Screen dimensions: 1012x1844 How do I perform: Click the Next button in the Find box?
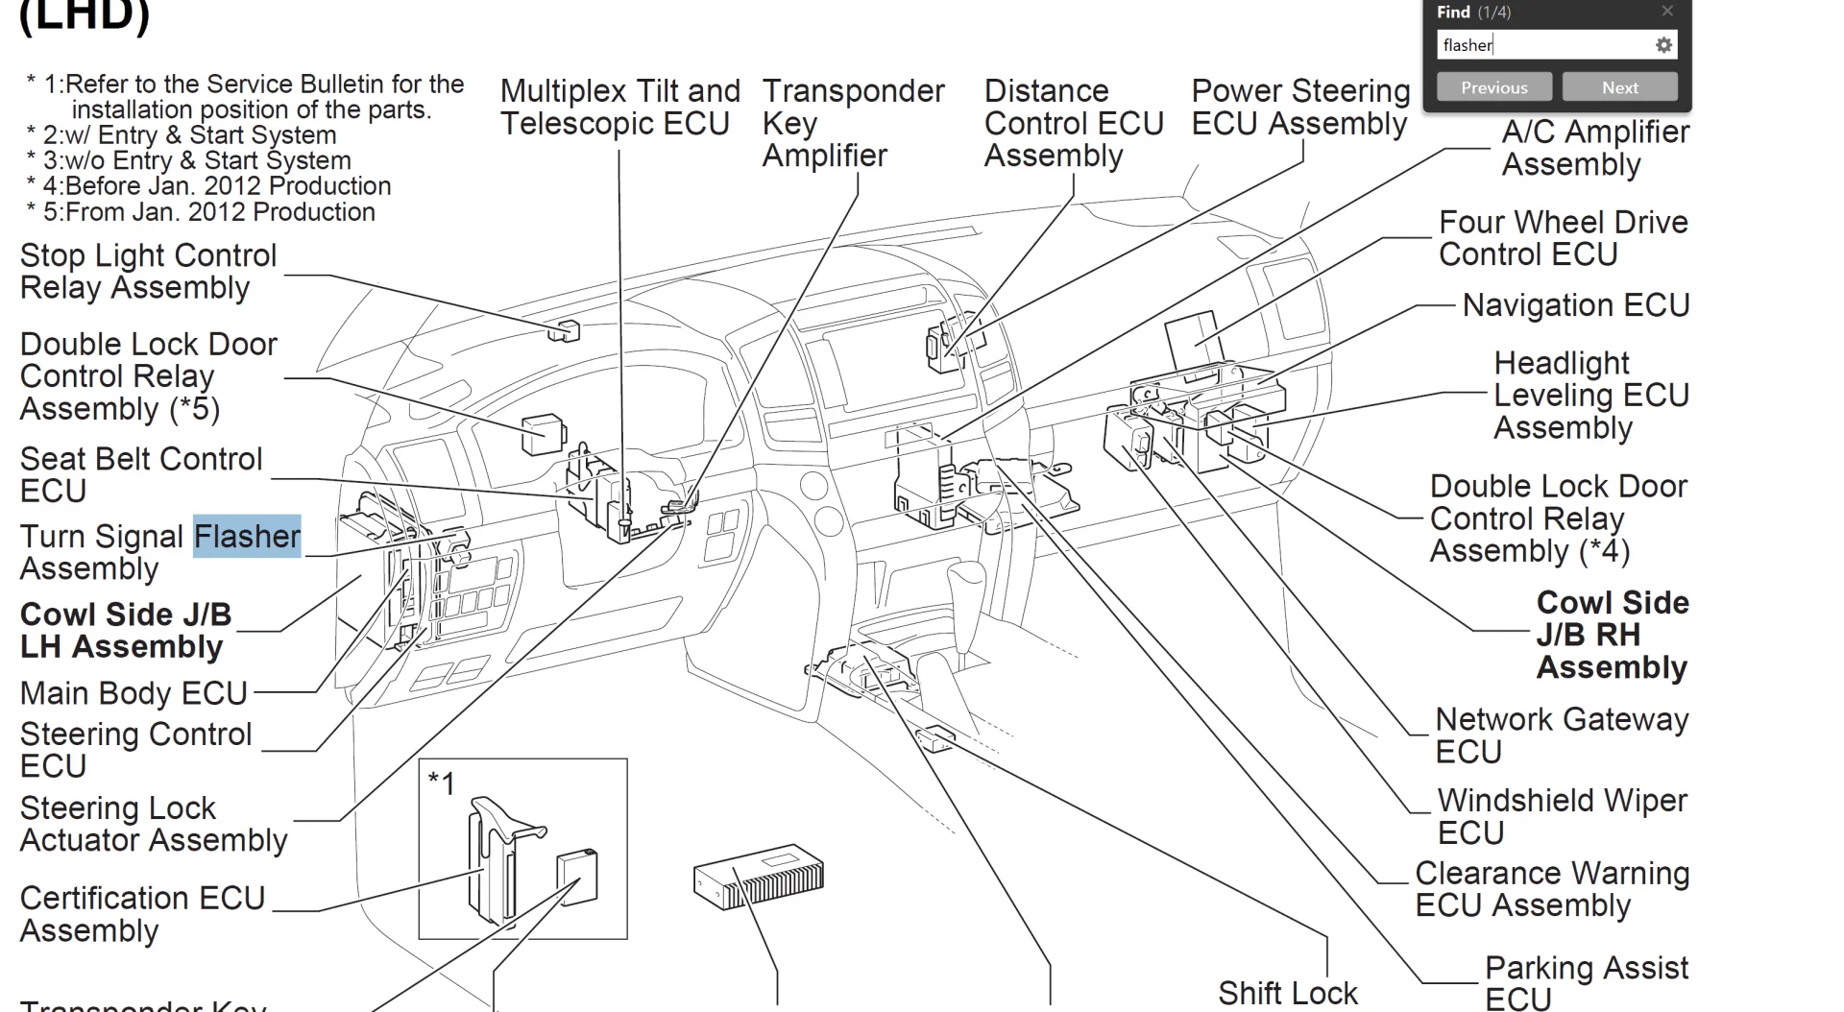[1619, 87]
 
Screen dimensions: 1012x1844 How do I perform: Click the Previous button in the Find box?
[1493, 87]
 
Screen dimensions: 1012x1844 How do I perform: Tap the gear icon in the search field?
[1663, 45]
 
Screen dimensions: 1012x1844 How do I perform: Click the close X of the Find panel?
[1667, 12]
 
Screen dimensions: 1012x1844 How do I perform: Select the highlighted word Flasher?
[247, 536]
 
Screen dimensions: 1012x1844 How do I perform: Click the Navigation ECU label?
[1575, 305]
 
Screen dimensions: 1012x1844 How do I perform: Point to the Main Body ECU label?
[133, 693]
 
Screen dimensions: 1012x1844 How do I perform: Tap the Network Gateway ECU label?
[1561, 735]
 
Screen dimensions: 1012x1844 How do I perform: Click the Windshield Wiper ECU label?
[1561, 816]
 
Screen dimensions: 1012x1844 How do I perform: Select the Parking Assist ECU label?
[1585, 982]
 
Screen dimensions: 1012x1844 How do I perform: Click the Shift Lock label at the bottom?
[1287, 993]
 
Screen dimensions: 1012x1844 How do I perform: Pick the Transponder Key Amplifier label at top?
[853, 123]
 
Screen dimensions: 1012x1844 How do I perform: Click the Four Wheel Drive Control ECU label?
[1563, 238]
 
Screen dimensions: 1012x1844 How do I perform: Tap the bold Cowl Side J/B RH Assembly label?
[1611, 635]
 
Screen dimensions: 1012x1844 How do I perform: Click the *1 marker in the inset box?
[441, 783]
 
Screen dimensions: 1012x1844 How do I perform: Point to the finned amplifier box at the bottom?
[759, 878]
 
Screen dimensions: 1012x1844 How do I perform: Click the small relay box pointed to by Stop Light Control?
[565, 330]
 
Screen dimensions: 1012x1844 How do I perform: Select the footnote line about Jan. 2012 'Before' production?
[216, 186]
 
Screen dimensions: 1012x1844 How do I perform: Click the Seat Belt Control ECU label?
[140, 474]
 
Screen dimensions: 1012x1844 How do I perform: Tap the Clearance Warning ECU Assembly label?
[1551, 889]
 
